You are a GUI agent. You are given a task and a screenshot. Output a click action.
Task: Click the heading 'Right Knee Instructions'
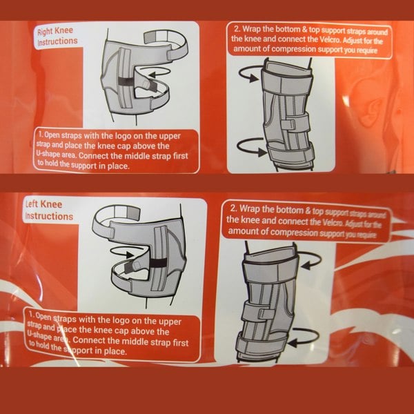[x=57, y=37]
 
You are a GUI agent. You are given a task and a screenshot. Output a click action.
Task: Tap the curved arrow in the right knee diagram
[x=161, y=89]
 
